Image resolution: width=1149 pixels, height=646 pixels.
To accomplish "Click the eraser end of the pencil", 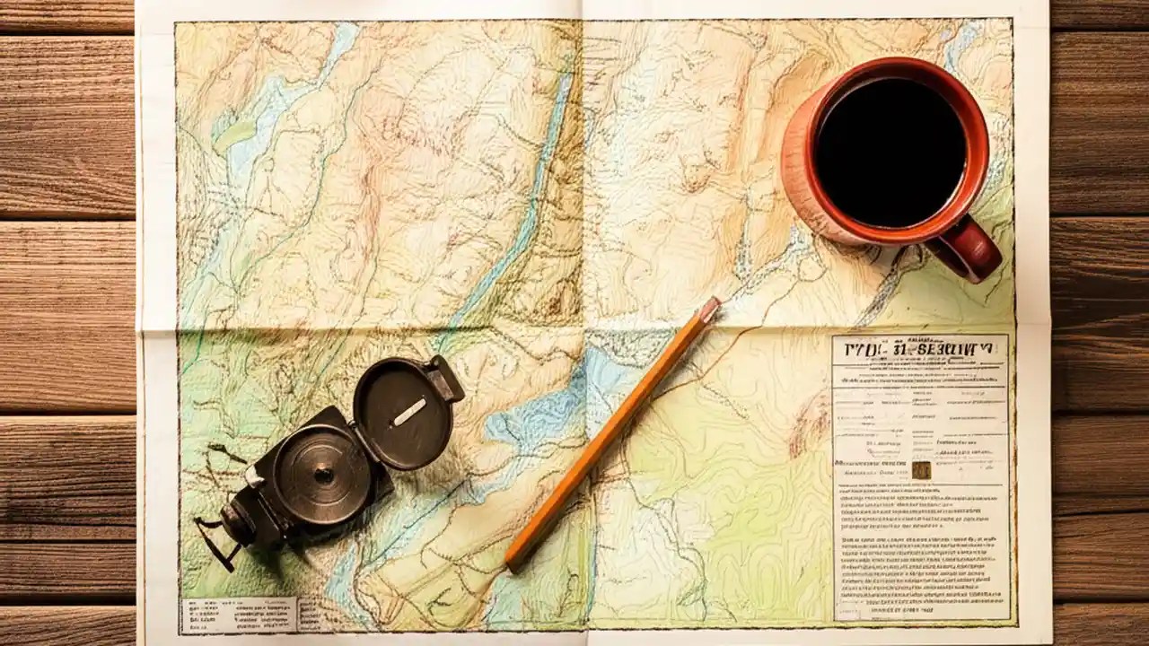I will point(709,309).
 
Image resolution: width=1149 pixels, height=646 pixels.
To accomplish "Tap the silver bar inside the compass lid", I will point(409,412).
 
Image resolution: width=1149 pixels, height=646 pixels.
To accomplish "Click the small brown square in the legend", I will point(921,470).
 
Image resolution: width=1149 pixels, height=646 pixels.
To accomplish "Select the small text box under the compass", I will point(238,615).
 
